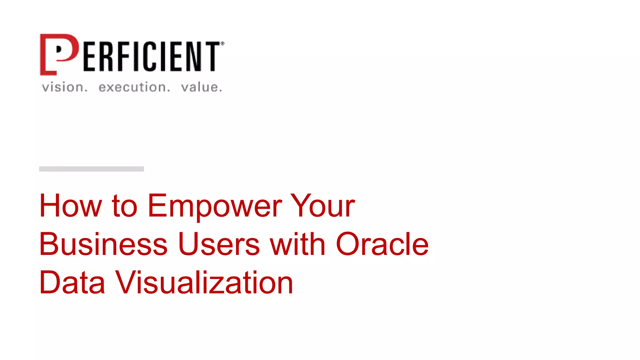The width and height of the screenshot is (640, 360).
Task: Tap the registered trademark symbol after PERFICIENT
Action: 222,44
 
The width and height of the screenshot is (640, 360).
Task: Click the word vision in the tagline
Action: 65,87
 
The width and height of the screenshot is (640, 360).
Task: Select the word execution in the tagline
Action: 134,87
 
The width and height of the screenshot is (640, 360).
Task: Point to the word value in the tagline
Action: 202,87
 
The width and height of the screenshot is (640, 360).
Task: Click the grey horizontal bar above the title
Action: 91,169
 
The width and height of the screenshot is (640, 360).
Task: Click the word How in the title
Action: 71,206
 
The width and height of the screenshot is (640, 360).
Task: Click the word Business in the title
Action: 103,244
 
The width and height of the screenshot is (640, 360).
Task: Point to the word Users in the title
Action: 219,244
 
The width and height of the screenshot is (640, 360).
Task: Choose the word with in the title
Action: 298,244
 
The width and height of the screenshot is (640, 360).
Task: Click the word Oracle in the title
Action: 382,244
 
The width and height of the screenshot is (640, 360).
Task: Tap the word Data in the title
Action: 72,282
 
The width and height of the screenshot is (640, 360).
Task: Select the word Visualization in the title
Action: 204,282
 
